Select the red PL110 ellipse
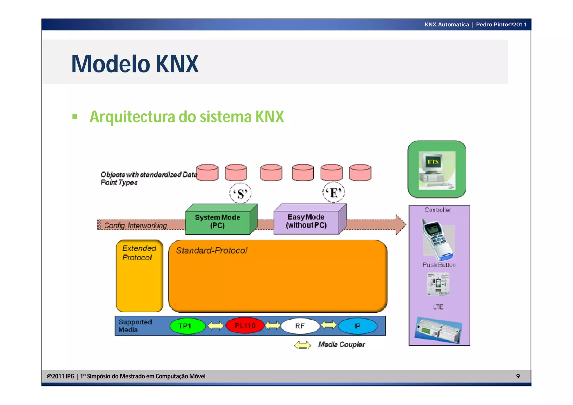click(x=245, y=326)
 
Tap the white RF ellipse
click(x=300, y=326)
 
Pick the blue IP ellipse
click(x=357, y=326)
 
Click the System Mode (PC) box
click(x=217, y=221)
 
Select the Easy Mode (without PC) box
click(x=306, y=221)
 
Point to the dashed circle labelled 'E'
click(x=333, y=193)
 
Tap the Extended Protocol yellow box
click(x=139, y=276)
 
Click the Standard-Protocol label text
click(x=212, y=251)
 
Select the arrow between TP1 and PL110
click(x=215, y=326)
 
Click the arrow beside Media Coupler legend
click(x=302, y=345)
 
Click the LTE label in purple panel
click(x=438, y=307)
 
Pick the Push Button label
click(x=439, y=265)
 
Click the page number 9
click(x=518, y=376)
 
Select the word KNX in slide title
click(x=177, y=64)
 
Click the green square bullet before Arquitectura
click(x=75, y=116)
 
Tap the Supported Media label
click(x=135, y=326)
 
